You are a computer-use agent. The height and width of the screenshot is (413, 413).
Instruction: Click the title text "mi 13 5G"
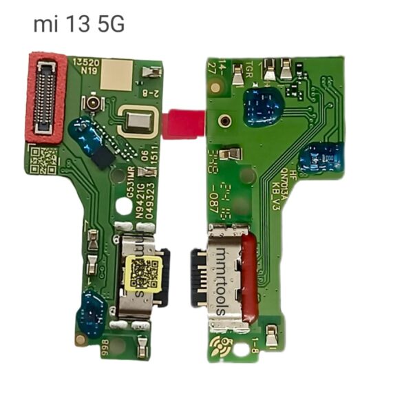pyautogui.click(x=79, y=25)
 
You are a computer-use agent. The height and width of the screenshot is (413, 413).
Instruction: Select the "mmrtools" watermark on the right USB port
pyautogui.click(x=218, y=279)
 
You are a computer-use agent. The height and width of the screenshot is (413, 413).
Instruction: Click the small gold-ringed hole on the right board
pyautogui.click(x=224, y=120)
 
